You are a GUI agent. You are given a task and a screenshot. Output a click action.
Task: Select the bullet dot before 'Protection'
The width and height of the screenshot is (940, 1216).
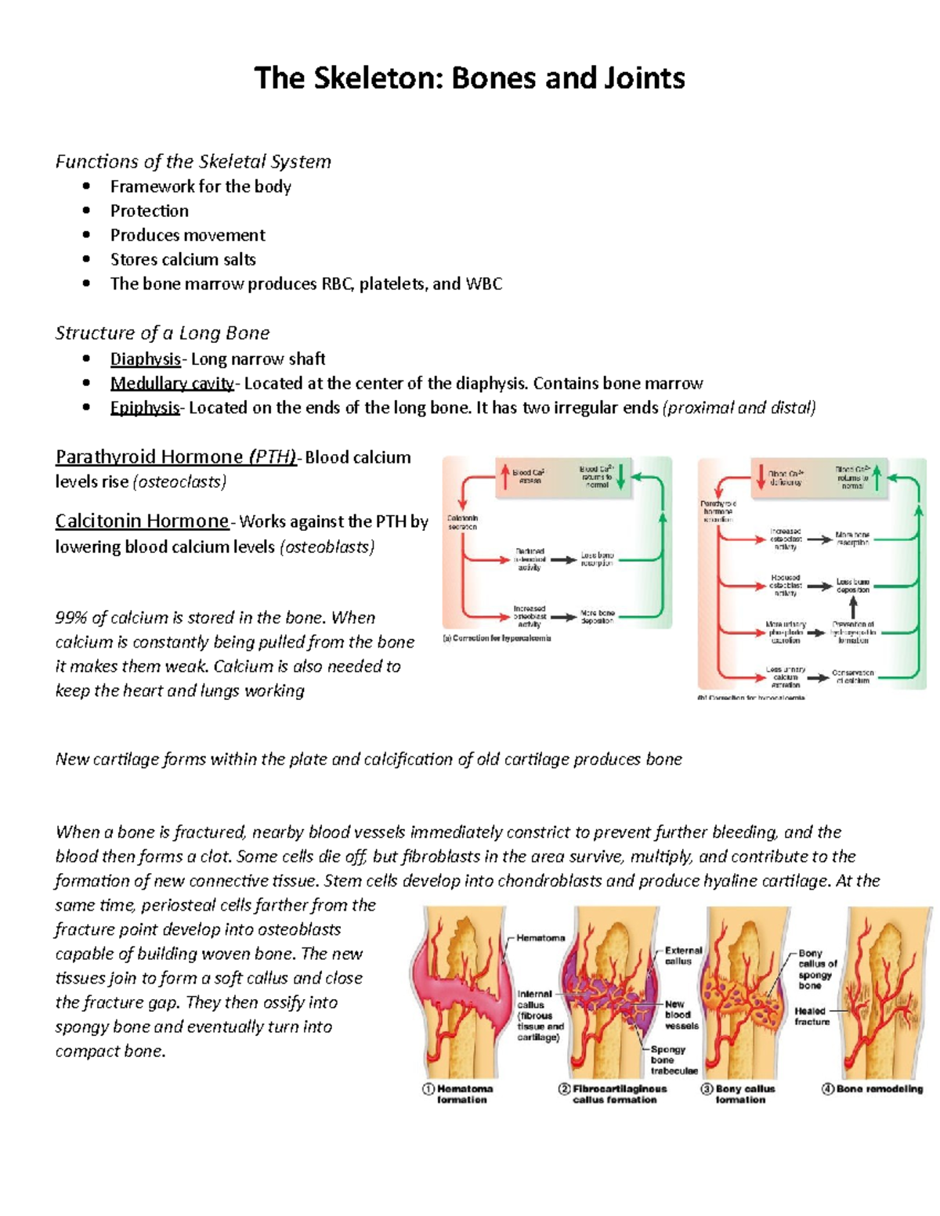86,211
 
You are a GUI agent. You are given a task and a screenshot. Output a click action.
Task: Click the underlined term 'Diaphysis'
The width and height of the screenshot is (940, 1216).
145,359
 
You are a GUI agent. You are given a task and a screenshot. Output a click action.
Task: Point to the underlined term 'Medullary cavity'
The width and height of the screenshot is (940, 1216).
172,384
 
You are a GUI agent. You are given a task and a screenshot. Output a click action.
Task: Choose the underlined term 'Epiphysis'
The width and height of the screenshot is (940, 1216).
144,408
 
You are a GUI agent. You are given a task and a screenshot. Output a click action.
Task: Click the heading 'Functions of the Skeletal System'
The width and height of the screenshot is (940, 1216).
193,162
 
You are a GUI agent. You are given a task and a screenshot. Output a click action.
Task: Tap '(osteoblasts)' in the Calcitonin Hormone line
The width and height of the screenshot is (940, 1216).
327,547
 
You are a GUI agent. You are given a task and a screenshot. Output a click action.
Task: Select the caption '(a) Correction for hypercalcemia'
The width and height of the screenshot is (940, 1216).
497,638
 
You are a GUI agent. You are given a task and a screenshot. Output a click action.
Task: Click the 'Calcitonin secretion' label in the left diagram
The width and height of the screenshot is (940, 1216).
462,522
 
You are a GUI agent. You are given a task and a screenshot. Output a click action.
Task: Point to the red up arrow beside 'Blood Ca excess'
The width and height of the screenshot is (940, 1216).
505,476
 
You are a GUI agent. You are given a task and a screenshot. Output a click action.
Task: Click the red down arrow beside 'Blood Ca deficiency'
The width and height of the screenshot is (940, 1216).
760,476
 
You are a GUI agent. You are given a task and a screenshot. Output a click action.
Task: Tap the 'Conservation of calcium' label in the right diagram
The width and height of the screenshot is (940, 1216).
852,677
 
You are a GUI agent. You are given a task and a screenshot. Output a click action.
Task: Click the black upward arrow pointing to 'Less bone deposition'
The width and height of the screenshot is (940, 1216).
853,607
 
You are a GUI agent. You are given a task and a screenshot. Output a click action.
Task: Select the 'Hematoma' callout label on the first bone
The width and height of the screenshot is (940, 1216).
540,937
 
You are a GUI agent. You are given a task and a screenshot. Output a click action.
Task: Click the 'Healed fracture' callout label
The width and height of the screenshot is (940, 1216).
812,1016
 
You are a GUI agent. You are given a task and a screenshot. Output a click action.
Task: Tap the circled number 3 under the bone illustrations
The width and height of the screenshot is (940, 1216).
707,1089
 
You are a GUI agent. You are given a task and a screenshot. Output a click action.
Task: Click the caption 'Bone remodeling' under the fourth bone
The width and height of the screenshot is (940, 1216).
879,1089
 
